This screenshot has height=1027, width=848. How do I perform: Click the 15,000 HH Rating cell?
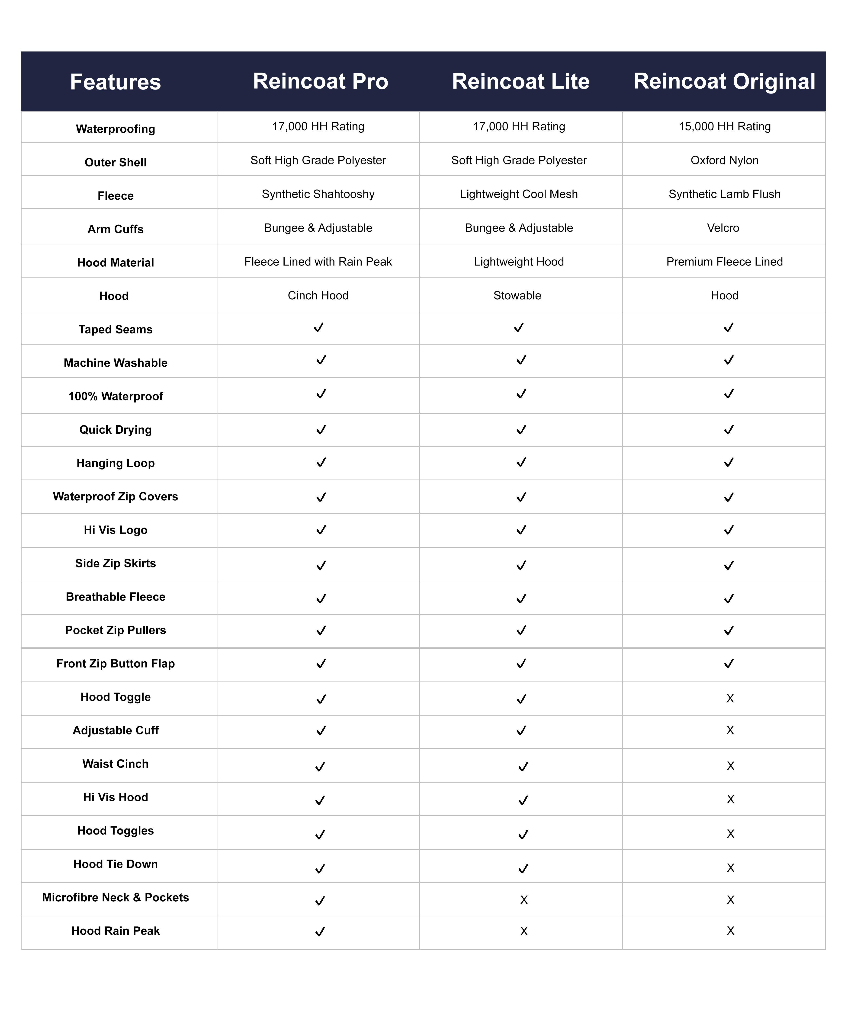(x=724, y=126)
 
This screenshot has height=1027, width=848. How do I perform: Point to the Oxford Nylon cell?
(x=724, y=160)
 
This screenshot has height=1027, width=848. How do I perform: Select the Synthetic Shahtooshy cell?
(x=318, y=194)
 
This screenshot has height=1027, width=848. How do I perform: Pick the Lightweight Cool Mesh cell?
(x=519, y=194)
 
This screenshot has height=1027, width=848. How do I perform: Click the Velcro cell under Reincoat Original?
(x=723, y=227)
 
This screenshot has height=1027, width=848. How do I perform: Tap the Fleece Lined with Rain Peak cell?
(x=318, y=262)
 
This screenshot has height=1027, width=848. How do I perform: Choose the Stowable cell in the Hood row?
(x=517, y=295)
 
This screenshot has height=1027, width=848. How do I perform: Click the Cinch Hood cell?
(x=318, y=295)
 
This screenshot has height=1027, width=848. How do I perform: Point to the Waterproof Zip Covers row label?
(x=115, y=497)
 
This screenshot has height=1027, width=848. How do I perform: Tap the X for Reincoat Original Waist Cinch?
(x=730, y=766)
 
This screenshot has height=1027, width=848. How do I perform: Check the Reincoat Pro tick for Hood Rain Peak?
(x=320, y=932)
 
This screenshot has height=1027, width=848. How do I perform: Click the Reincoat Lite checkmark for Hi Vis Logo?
(x=521, y=530)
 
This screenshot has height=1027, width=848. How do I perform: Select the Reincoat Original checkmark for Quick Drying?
(x=728, y=430)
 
